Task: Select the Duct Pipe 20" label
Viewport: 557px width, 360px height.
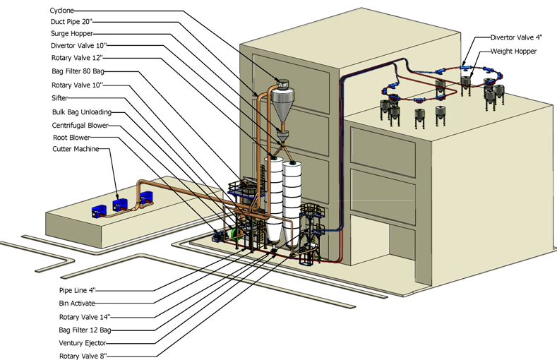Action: click(75, 21)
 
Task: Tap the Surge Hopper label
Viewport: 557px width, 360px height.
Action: click(72, 33)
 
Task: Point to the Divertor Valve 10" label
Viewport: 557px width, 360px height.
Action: click(80, 46)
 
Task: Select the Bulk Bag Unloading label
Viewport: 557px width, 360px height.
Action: click(82, 112)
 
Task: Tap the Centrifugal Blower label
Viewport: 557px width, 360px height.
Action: click(80, 125)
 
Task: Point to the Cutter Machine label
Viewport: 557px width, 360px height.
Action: click(76, 149)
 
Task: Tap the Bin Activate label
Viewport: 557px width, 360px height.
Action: click(78, 304)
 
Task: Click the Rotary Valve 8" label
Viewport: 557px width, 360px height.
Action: click(83, 356)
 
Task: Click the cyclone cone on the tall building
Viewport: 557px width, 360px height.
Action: click(281, 109)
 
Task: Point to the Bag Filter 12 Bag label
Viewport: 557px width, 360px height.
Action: click(85, 330)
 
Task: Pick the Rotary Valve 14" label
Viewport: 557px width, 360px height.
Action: click(85, 317)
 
